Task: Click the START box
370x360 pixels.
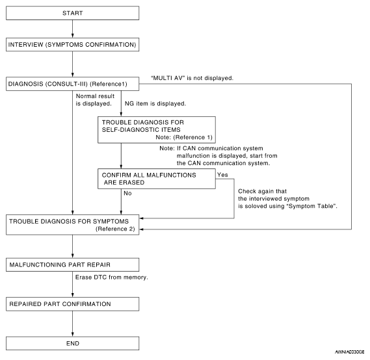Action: pos(72,13)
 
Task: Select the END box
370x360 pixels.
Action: pos(72,343)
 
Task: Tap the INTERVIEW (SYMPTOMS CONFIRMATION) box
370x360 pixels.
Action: pos(72,45)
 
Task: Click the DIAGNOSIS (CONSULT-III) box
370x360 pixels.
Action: pos(72,84)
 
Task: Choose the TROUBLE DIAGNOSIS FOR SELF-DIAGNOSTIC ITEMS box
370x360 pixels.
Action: pos(157,130)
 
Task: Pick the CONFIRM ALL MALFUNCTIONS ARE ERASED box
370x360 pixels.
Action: pos(157,179)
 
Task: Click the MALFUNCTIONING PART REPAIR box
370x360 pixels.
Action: pos(72,264)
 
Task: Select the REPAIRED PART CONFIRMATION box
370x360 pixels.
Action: pos(72,304)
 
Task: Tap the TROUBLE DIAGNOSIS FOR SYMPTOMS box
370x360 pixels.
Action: pos(72,225)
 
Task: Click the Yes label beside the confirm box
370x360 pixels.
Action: pos(222,175)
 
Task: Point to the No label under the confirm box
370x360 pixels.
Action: pos(127,193)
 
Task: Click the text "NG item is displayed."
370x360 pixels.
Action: pos(155,103)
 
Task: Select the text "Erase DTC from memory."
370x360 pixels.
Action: pos(111,277)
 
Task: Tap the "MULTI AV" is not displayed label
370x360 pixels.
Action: pos(192,78)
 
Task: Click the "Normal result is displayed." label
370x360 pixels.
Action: pos(95,99)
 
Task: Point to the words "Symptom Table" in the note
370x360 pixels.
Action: pos(311,206)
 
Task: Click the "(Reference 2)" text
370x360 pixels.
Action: pos(115,229)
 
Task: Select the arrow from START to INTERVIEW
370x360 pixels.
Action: pos(72,29)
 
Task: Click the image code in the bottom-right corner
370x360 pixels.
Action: pos(349,352)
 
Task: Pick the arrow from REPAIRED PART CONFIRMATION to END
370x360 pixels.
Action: pos(72,324)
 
